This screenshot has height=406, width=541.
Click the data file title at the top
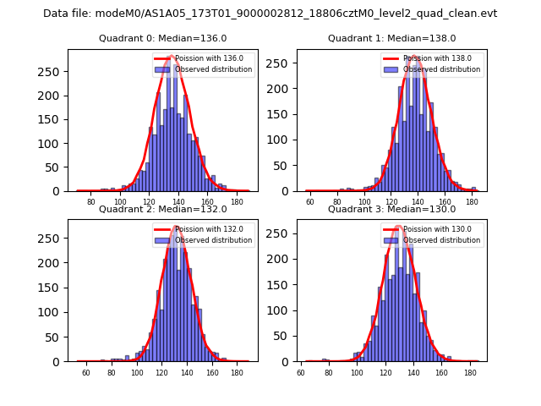(x=270, y=14)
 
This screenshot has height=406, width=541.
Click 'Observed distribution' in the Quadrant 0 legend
(x=220, y=69)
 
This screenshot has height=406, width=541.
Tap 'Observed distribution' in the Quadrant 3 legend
(x=448, y=240)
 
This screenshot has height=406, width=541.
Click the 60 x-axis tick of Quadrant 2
(x=86, y=373)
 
